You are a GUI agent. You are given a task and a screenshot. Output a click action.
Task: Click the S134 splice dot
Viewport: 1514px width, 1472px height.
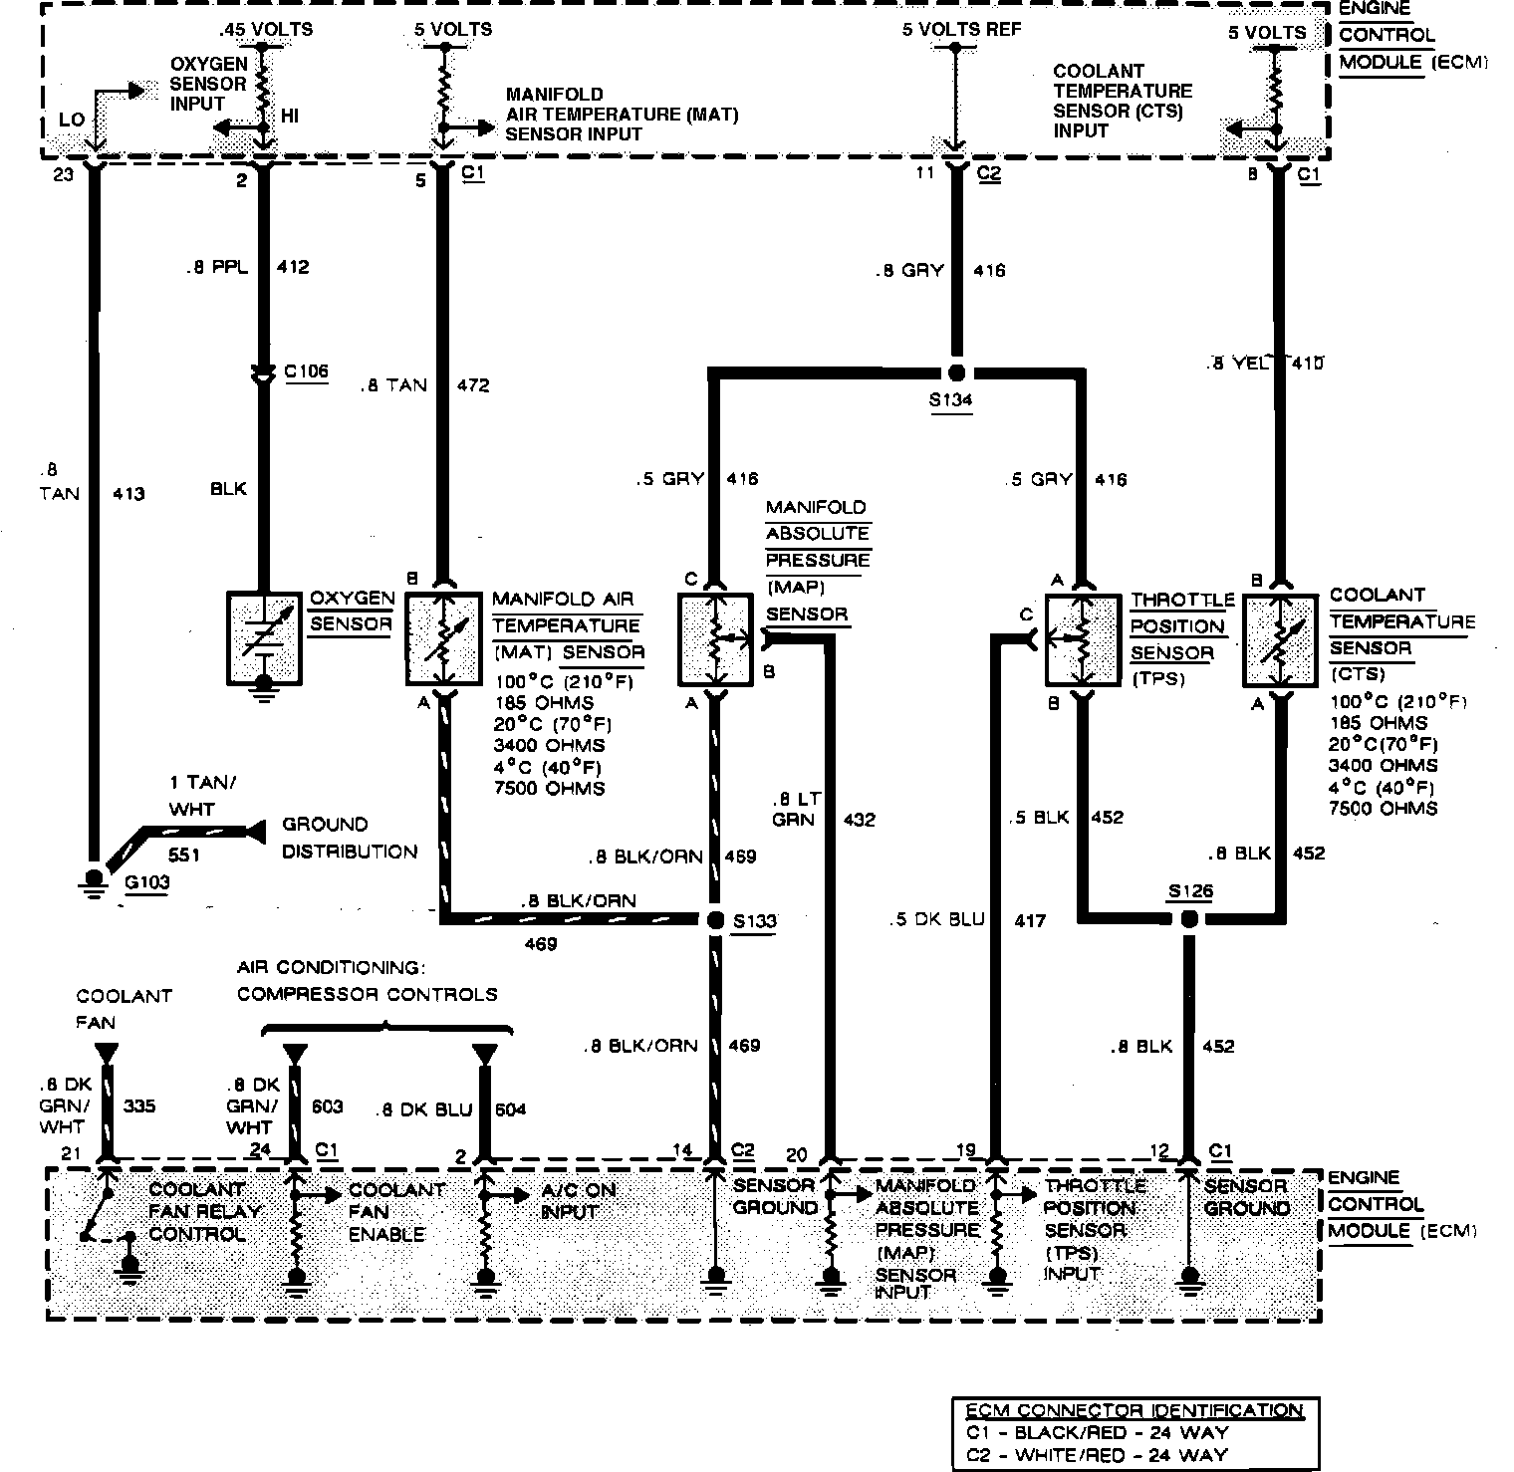pos(956,373)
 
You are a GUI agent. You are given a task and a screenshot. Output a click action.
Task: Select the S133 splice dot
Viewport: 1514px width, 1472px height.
pos(714,920)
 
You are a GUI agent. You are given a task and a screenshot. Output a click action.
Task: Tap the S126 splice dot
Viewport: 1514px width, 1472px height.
pos(1187,918)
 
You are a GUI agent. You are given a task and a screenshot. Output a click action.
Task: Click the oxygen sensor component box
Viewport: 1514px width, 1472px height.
pos(264,639)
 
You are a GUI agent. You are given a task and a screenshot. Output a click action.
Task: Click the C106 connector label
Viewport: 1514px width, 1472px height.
pos(306,372)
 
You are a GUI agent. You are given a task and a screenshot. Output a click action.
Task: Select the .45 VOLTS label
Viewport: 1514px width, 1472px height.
pos(267,29)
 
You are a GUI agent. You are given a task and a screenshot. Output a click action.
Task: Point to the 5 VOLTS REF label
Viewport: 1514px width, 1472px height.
pos(961,30)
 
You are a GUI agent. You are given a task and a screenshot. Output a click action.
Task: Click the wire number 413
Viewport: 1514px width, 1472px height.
pos(128,493)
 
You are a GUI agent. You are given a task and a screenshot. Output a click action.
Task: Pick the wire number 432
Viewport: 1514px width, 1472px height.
pos(859,820)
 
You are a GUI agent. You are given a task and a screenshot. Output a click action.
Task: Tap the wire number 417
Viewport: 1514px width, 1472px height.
pos(1029,920)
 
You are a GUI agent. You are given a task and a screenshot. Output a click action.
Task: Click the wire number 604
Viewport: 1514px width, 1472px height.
pos(509,1108)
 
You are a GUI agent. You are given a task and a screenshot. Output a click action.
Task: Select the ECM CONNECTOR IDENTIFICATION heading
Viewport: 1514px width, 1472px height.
pos(1134,1410)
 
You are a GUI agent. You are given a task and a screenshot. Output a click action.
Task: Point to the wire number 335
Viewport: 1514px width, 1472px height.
pos(138,1105)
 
